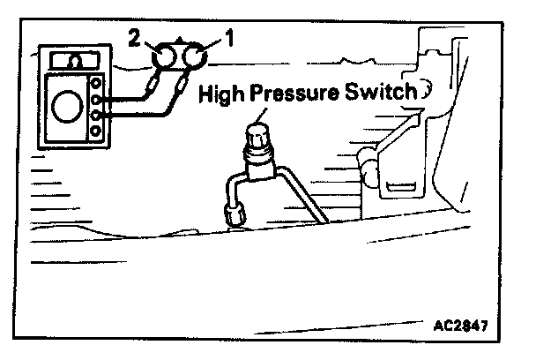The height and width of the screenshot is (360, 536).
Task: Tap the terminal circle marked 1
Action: (x=194, y=58)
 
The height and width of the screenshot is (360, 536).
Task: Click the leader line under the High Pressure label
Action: (x=261, y=113)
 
